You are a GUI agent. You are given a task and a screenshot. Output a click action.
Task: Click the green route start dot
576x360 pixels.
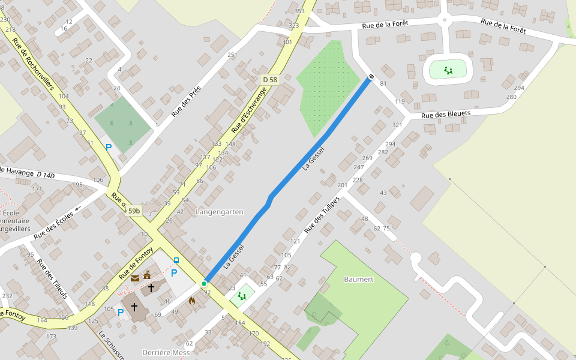pos(204,283)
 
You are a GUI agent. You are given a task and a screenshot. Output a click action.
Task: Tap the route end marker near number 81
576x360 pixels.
pos(371,76)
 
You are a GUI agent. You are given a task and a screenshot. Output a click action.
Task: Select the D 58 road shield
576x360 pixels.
pos(270,80)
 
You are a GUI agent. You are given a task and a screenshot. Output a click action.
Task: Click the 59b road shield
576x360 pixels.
pos(133,211)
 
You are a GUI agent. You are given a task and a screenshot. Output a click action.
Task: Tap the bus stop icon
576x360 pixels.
pos(176,260)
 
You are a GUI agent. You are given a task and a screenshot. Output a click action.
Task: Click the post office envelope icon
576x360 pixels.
pos(135,278)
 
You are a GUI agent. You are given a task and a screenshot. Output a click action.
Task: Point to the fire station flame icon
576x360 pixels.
pos(192,300)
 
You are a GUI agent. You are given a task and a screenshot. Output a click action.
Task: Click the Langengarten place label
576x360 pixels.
pos(220,212)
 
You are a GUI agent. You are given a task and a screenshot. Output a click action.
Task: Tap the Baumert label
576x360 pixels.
pos(359,280)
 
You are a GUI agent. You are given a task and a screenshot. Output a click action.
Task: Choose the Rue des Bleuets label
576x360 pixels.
pos(445,114)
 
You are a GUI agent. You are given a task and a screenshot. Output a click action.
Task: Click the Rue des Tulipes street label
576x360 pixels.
pos(322,215)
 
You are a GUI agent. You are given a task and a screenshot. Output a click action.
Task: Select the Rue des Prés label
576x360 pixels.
pos(186,101)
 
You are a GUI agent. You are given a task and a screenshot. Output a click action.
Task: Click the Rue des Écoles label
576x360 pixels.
pos(53,225)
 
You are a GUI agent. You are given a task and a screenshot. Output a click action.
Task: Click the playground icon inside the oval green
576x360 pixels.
pos(448,70)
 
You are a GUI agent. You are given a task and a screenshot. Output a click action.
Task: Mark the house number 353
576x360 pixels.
pos(300,11)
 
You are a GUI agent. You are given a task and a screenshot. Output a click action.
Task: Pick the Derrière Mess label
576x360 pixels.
pos(166,352)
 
